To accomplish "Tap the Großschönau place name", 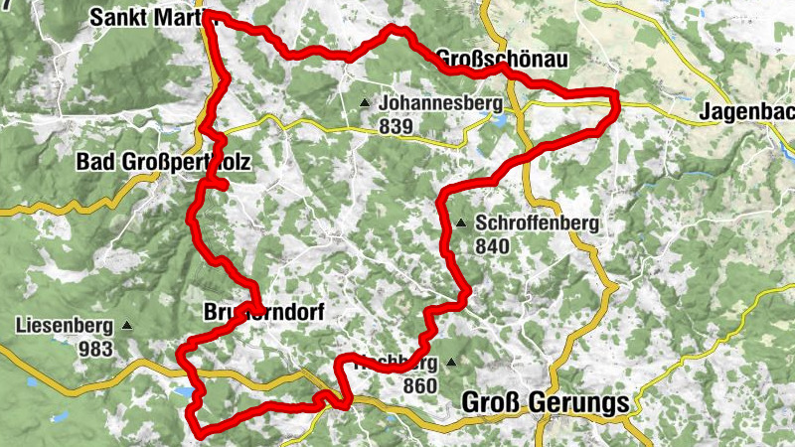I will tap(502, 61).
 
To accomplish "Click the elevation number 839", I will tap(396, 126).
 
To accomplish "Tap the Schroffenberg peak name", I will tap(537, 223).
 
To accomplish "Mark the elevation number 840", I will tap(493, 246).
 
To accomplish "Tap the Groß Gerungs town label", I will tap(546, 403).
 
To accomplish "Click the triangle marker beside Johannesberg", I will tap(366, 102).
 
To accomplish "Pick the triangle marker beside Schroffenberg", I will tap(462, 223).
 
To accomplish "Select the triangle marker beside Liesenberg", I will tap(126, 326).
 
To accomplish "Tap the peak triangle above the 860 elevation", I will tap(453, 363).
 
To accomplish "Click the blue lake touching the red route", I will tap(185, 392).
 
